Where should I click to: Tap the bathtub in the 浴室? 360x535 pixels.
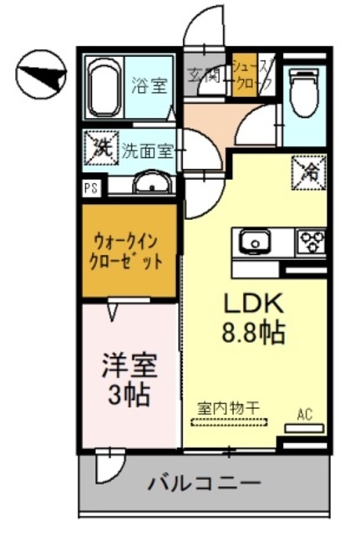click(x=104, y=88)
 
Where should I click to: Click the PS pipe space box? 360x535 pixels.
click(x=89, y=187)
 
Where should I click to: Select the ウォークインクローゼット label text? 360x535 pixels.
click(x=129, y=248)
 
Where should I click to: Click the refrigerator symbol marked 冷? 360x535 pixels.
click(x=307, y=172)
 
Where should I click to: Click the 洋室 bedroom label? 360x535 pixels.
click(x=129, y=366)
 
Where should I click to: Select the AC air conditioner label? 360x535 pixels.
click(x=303, y=413)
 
